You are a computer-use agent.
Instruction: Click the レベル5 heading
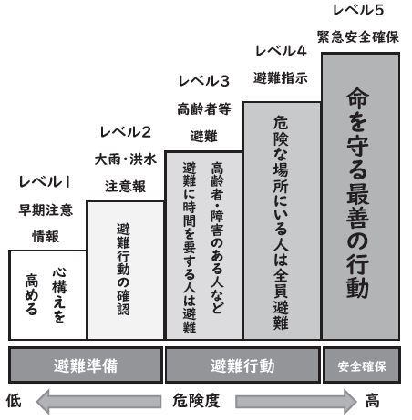point(358,10)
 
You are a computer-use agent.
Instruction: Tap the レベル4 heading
point(281,51)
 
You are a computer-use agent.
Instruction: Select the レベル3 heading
point(204,81)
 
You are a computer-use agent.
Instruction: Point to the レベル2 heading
point(126,132)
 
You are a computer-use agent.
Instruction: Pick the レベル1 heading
point(45,182)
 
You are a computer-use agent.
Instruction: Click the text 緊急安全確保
point(358,37)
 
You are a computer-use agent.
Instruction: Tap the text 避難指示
point(281,78)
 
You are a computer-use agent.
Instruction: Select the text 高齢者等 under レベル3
point(204,109)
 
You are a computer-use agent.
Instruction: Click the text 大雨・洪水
point(126,159)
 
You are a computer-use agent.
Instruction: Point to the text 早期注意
point(46,210)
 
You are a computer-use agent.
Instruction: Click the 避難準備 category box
point(86,365)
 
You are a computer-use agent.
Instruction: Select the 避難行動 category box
point(242,365)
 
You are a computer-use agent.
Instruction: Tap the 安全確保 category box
point(362,365)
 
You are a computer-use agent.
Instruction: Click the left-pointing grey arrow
point(98,402)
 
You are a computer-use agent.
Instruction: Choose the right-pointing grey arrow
point(296,402)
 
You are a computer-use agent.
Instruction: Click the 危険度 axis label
point(196,401)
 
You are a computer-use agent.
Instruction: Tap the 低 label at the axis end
point(14,400)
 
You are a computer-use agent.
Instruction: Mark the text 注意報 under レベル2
point(125,187)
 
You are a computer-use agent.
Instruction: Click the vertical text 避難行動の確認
point(123,269)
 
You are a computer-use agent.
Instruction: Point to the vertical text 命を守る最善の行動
point(357,193)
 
